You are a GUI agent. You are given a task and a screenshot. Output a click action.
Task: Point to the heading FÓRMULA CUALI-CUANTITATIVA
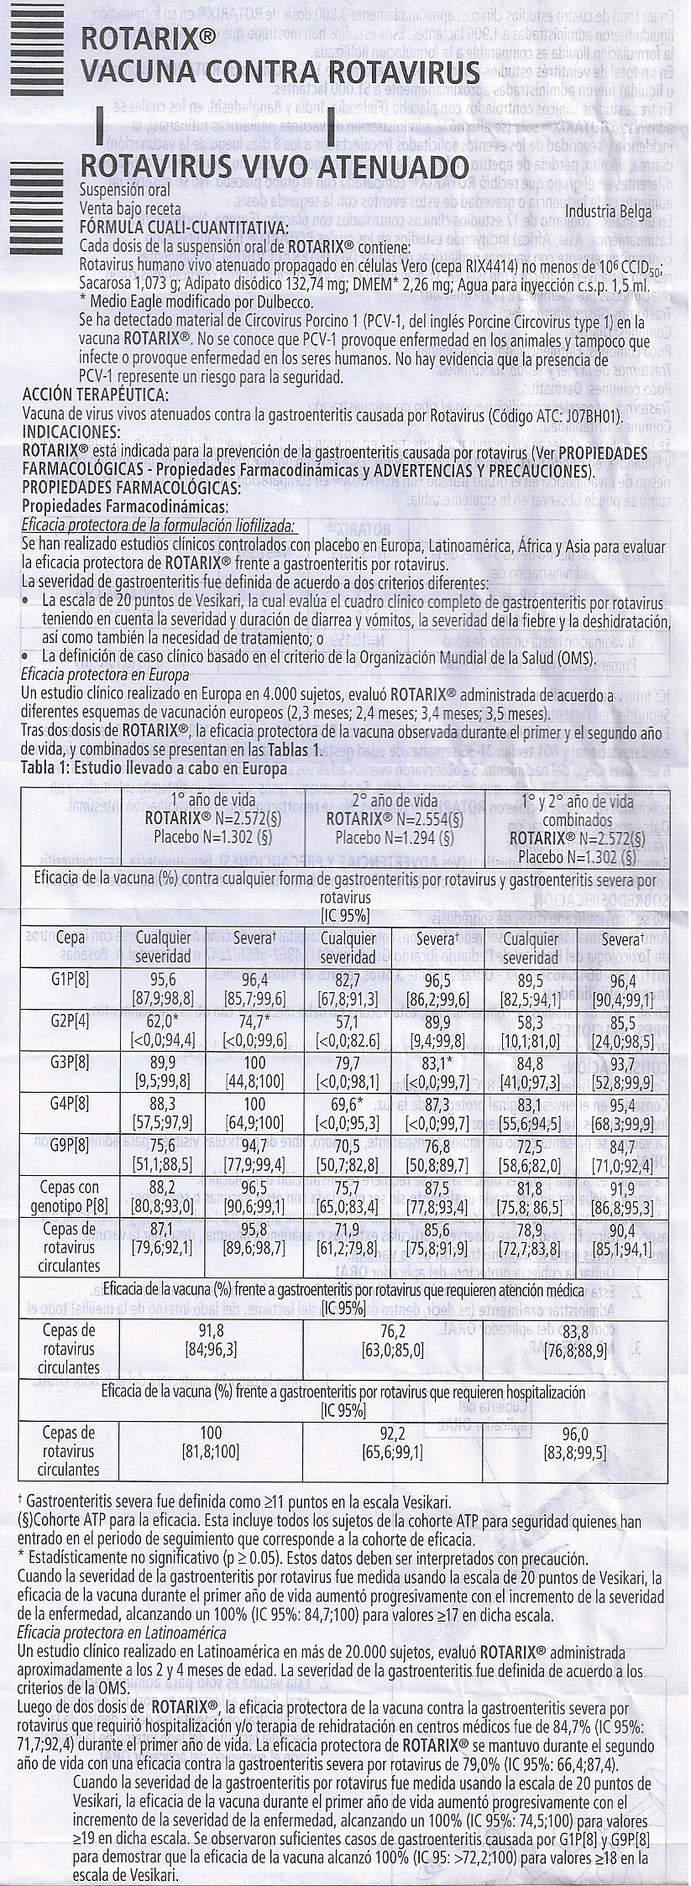pos(183,229)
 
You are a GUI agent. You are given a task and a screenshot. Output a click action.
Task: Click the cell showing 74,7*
pos(259,1021)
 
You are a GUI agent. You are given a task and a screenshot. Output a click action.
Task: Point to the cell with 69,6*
pos(348,1103)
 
